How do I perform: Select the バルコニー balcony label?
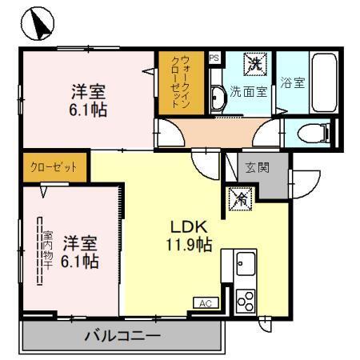click(x=122, y=336)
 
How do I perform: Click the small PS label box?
click(x=214, y=58)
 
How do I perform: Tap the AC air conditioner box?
click(x=205, y=303)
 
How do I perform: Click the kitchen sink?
click(x=245, y=264)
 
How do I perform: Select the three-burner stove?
click(x=245, y=301)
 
